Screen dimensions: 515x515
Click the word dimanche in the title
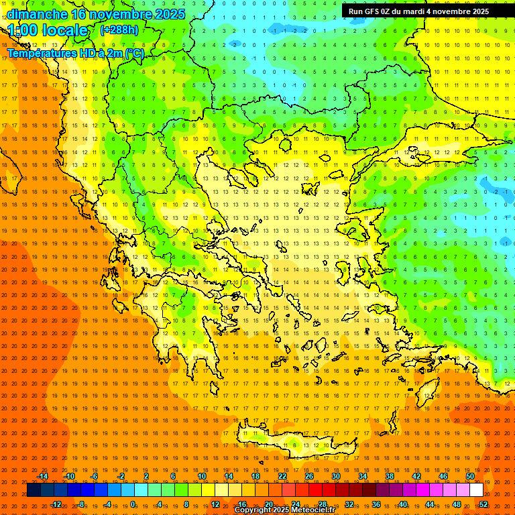(37, 13)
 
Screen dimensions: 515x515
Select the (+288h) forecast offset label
(119, 30)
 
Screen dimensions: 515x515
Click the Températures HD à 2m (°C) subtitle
(75, 53)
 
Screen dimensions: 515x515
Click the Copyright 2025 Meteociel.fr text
(285, 510)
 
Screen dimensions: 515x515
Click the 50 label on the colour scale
(470, 476)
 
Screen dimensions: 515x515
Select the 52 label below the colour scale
(483, 504)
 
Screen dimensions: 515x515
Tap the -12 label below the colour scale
(56, 504)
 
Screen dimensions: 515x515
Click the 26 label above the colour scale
(309, 476)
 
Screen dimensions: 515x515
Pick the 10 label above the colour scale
(202, 476)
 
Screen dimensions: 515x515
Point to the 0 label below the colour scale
(133, 504)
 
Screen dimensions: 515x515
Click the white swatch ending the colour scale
(476, 490)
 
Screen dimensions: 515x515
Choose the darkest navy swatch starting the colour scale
(34, 490)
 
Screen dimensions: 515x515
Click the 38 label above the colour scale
(390, 476)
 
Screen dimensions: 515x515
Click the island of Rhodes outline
(428, 389)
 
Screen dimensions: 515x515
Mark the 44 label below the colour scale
(430, 504)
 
